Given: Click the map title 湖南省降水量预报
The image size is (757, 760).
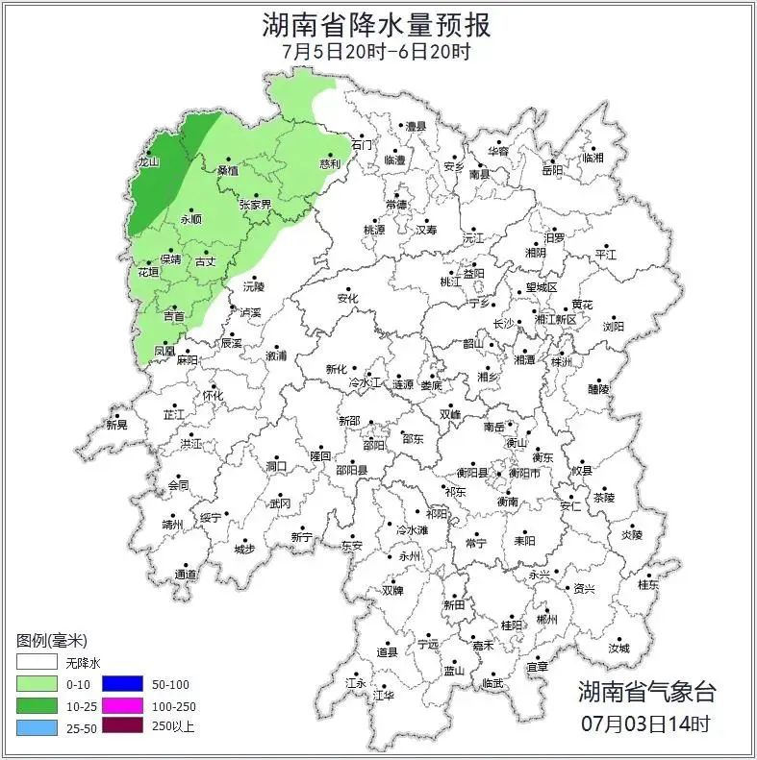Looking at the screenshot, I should click(x=376, y=23).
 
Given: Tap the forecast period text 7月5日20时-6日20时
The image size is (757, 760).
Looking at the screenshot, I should click(x=376, y=51).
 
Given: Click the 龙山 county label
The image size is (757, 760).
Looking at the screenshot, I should click(x=147, y=162).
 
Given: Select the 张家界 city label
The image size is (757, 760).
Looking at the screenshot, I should click(x=255, y=205).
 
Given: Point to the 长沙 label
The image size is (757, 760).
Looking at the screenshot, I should click(x=504, y=324).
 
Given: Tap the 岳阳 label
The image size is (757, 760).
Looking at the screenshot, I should click(x=552, y=171).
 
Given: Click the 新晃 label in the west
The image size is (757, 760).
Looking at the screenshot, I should click(x=116, y=425).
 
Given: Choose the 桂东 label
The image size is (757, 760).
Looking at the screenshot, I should click(x=649, y=583).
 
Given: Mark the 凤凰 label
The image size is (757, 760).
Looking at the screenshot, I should click(x=164, y=352).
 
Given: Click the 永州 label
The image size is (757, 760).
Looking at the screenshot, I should click(x=409, y=556).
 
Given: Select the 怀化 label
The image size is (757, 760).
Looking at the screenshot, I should click(x=212, y=396).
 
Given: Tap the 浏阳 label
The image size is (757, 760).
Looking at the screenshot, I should click(x=614, y=327).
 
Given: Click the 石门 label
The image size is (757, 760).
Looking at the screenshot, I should click(x=362, y=145).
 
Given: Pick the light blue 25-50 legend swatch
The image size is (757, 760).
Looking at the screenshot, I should click(x=37, y=726).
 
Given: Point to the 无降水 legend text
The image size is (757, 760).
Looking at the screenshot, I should click(x=83, y=663).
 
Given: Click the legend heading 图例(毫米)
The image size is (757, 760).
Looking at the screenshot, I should click(x=52, y=640).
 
